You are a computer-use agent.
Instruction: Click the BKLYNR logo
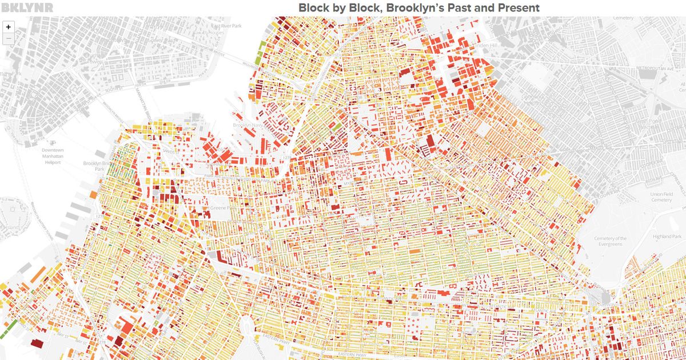[x=27, y=7]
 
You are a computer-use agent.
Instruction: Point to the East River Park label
[x=226, y=26]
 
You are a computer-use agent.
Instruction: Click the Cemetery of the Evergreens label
[x=611, y=242]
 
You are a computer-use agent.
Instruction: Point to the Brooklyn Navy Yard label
[x=249, y=125]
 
